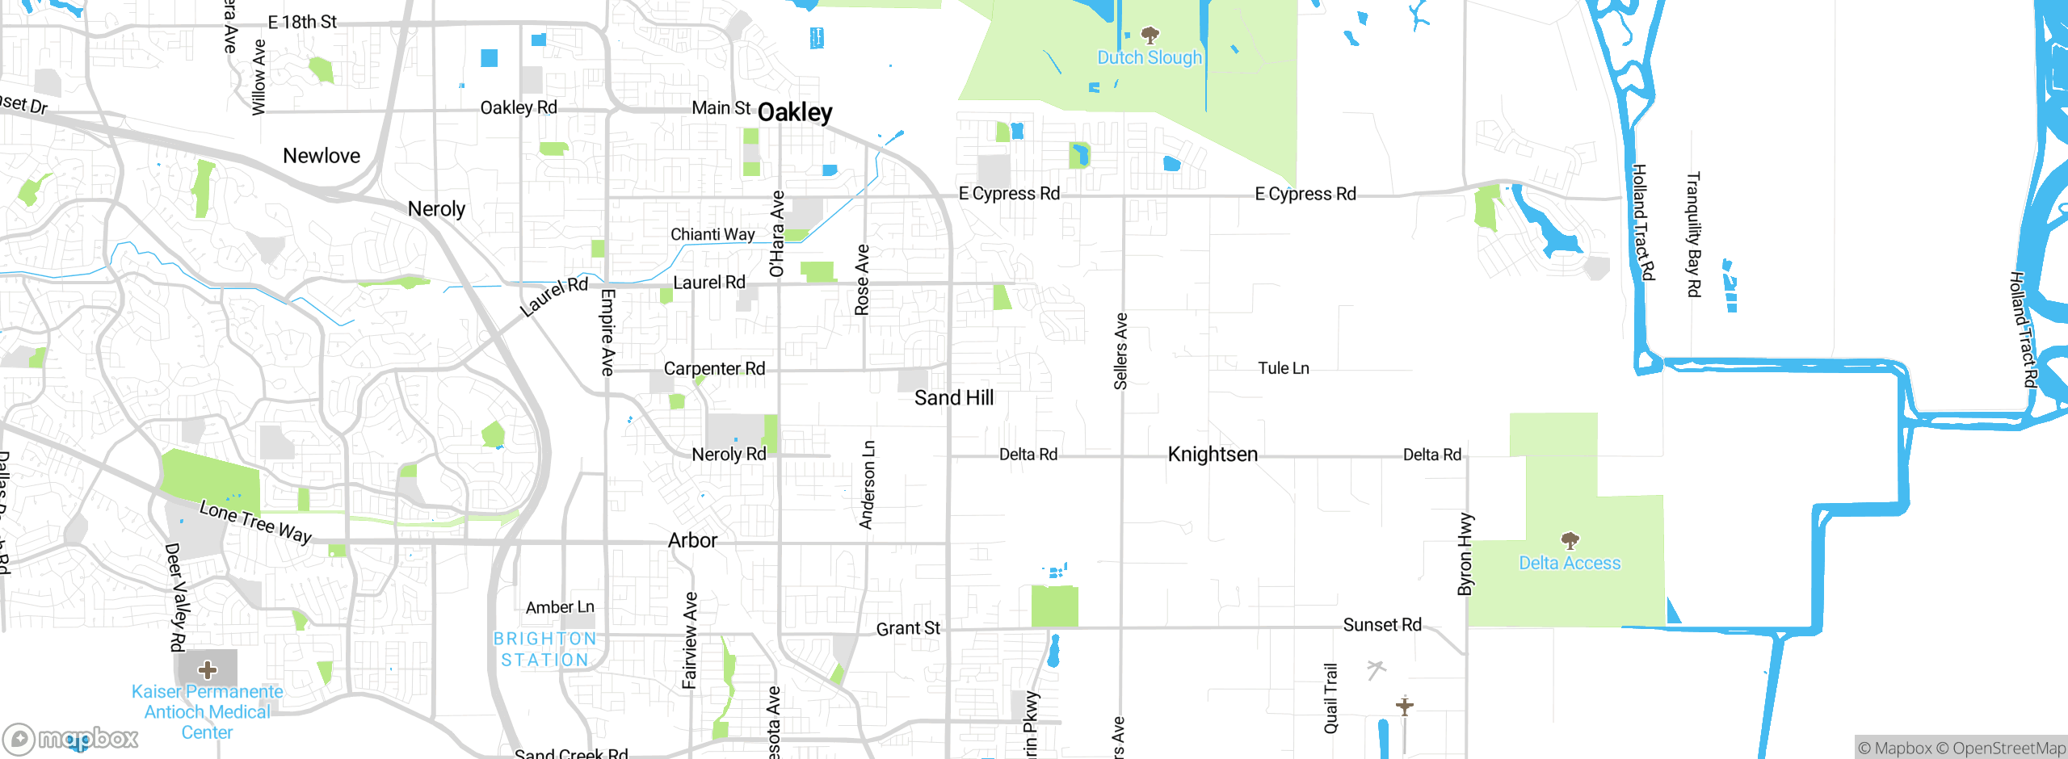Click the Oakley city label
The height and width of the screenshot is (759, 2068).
pos(795,112)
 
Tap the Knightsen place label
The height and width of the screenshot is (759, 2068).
pos(1213,455)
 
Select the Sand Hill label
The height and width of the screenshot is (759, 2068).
pos(954,398)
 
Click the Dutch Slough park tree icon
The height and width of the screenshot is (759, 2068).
pos(1150,35)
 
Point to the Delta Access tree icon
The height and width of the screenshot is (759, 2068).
pos(1570,540)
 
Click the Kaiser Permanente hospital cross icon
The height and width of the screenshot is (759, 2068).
pos(208,669)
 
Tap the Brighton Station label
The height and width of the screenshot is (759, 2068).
pos(544,649)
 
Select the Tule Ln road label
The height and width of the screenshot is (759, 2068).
pos(1283,368)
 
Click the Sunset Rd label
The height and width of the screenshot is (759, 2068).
pos(1381,625)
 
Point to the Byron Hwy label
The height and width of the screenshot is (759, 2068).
pos(1465,554)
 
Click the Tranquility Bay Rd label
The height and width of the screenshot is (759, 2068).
pos(1693,234)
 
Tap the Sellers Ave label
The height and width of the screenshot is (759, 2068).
pos(1120,351)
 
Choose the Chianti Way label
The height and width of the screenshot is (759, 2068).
pos(712,234)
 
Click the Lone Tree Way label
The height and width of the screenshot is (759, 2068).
pos(255,522)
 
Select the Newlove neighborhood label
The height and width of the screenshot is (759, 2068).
pos(322,156)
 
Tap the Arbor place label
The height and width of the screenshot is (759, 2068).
pos(692,540)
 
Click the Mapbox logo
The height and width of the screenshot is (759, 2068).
pos(71,738)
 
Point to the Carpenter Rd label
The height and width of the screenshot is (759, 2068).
pos(714,369)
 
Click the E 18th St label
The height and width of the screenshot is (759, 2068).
pos(302,23)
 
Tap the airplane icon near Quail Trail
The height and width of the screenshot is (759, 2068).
pos(1405,707)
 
